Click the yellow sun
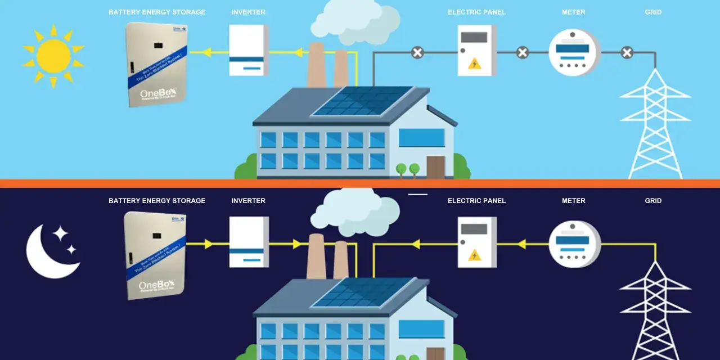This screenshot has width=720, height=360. (x=53, y=56)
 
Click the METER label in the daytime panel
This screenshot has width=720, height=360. (x=573, y=12)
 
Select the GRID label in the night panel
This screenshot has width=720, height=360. (x=653, y=201)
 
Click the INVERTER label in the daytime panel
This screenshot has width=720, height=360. (x=248, y=12)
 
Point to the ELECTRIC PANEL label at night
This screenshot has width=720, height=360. (x=476, y=201)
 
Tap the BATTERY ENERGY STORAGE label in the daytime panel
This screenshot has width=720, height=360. (x=157, y=12)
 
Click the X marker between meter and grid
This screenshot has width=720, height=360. (x=627, y=53)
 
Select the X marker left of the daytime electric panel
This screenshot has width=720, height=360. (x=417, y=53)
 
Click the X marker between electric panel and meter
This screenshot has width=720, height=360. (x=523, y=53)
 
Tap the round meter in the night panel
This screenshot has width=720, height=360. (x=574, y=244)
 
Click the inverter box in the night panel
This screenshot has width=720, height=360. (x=248, y=242)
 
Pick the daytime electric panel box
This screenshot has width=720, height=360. (x=476, y=51)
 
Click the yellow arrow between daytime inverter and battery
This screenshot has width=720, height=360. (x=206, y=53)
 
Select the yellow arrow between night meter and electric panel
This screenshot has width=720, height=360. (x=521, y=244)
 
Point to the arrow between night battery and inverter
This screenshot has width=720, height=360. (x=209, y=244)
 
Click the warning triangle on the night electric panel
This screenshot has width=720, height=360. (x=475, y=255)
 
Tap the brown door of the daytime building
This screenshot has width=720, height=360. (x=435, y=167)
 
